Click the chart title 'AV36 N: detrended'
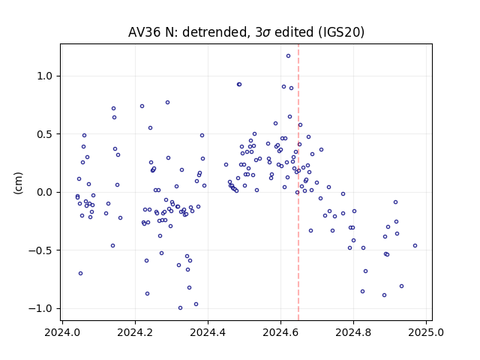(187, 32)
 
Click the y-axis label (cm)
(18, 183)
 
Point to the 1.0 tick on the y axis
(45, 76)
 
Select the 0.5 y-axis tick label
(45, 134)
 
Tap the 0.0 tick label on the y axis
(45, 192)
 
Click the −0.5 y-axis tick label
(41, 250)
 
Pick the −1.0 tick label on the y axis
(41, 308)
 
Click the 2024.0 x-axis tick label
(62, 332)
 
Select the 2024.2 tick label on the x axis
(135, 332)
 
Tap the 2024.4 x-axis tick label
(208, 332)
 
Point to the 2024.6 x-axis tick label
(280, 332)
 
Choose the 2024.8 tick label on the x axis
(353, 332)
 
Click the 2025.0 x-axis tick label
(426, 332)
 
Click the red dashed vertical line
(298, 182)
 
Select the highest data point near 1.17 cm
(288, 56)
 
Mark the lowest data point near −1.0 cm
(180, 308)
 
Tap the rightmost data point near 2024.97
(415, 245)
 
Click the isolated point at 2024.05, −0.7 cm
(80, 273)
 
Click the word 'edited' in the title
(294, 32)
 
